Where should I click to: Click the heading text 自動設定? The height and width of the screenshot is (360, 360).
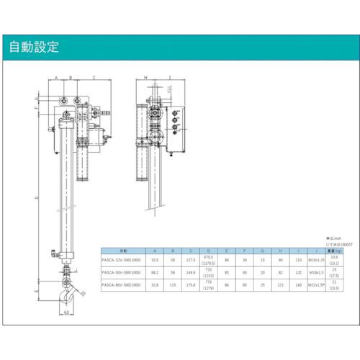click(x=34, y=48)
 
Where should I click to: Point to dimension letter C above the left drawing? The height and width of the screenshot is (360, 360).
click(x=94, y=76)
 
